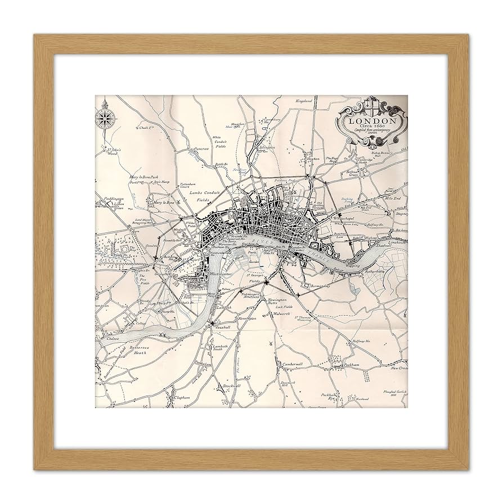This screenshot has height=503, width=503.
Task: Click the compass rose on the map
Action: tap(105, 116)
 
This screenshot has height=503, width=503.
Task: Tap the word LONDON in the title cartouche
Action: tap(371, 121)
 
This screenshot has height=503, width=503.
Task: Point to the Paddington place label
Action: tap(107, 198)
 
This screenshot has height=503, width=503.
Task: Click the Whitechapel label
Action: tap(345, 217)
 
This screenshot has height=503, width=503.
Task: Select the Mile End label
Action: tap(392, 199)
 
